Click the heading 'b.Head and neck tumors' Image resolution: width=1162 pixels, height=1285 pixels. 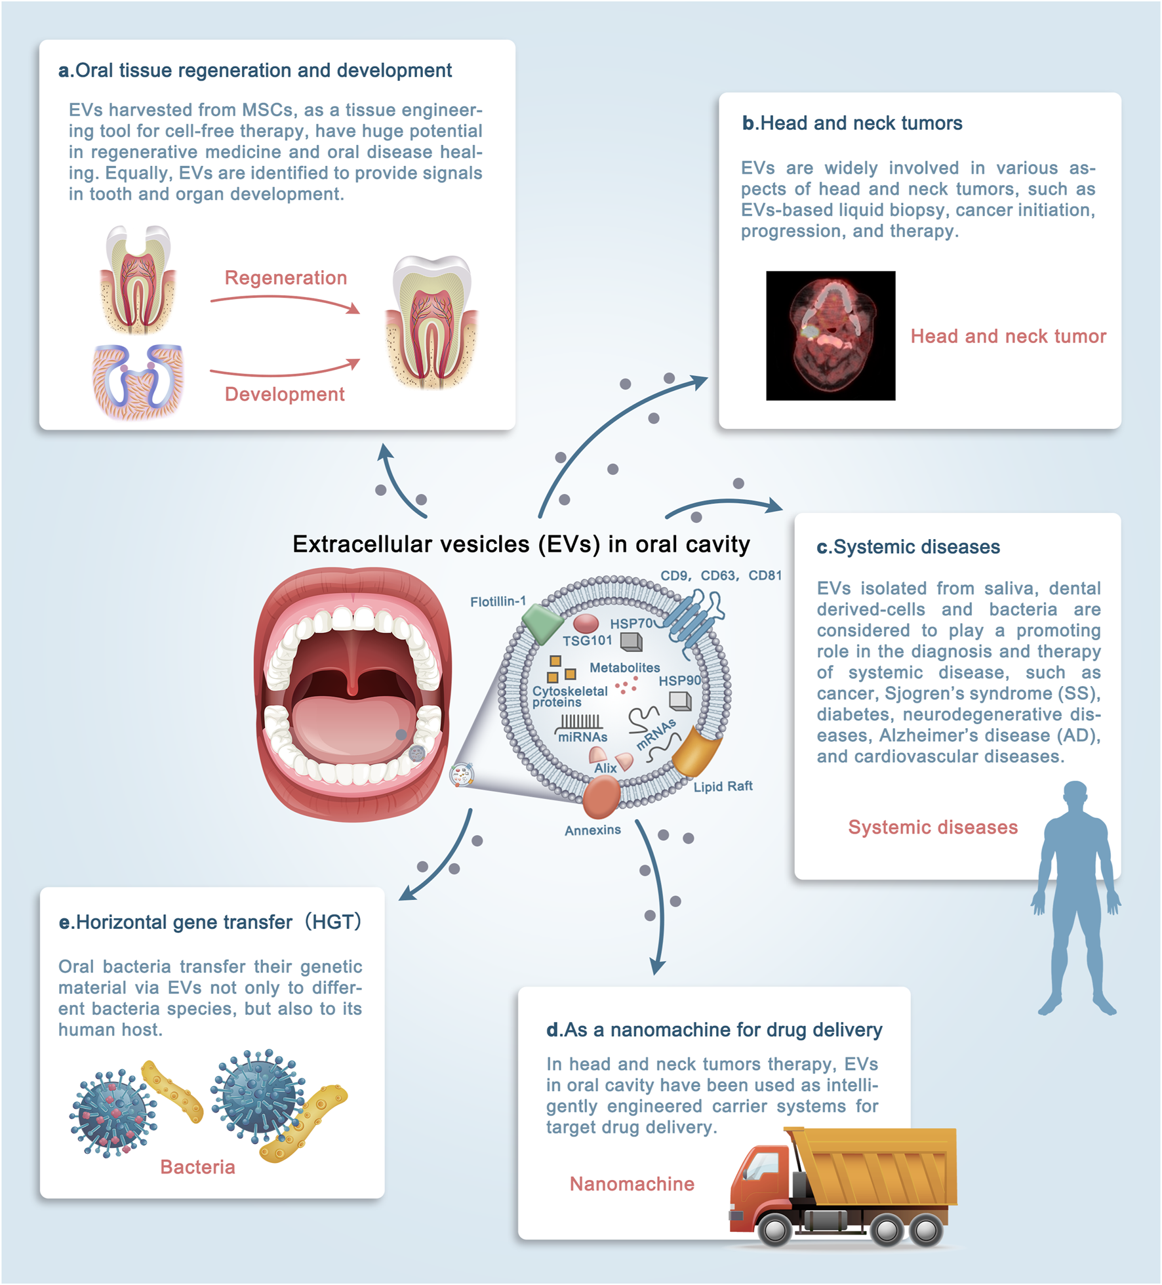coord(852,123)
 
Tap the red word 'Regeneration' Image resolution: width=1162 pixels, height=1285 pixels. coord(285,277)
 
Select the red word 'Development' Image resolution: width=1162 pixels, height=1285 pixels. coord(284,394)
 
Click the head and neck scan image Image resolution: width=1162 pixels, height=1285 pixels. coord(830,335)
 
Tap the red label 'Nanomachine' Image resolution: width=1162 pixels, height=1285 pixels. coord(631,1184)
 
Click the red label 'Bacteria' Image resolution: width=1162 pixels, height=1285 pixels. coord(197,1167)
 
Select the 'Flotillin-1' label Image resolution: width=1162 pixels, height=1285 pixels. coord(498,602)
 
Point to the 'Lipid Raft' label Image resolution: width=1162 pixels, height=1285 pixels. coord(723,786)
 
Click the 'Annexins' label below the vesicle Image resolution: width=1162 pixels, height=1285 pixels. coord(593,830)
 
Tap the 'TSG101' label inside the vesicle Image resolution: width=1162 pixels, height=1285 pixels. coord(587,640)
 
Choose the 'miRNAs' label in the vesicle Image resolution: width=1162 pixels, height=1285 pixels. coord(582,737)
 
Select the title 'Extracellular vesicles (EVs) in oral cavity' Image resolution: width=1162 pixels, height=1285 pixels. coord(521,544)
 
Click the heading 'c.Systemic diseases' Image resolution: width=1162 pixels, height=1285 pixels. coord(908,547)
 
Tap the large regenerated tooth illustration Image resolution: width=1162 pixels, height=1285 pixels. coord(431,321)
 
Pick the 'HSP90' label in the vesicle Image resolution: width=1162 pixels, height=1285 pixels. coord(679,681)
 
